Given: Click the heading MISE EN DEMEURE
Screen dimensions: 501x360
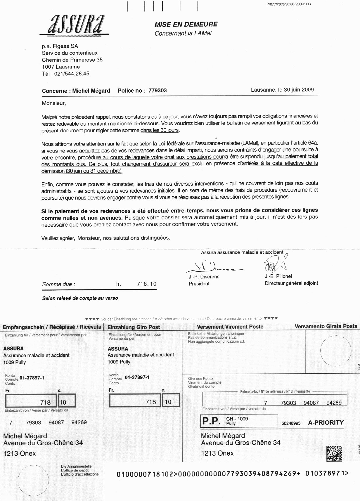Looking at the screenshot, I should (186, 24).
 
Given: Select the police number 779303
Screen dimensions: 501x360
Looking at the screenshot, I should (157, 91).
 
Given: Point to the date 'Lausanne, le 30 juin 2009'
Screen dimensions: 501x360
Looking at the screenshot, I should (282, 90).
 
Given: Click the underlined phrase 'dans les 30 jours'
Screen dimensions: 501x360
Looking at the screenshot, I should (160, 130).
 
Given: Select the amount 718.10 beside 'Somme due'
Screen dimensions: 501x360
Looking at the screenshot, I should (147, 284).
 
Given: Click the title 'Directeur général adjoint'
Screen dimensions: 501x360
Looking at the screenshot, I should (291, 283).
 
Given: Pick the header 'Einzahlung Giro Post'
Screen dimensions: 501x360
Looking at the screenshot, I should (134, 327).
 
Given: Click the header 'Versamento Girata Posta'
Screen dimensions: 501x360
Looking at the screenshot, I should (326, 326).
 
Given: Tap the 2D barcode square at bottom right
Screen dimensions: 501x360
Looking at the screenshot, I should (334, 454).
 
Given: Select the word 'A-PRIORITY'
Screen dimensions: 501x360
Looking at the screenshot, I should (326, 422).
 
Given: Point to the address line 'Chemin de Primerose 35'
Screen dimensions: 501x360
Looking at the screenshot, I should (72, 60).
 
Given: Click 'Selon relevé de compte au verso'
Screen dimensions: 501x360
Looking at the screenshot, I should (80, 298).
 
